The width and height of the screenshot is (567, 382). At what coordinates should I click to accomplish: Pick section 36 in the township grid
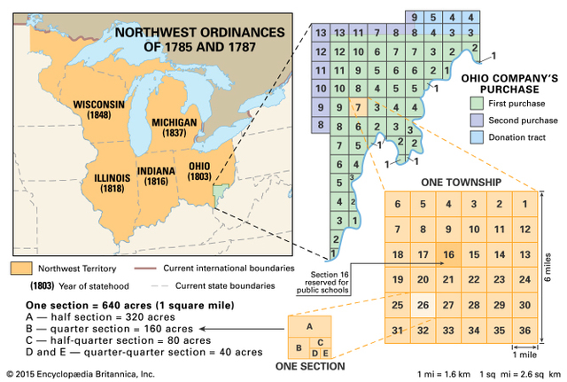coord(524,331)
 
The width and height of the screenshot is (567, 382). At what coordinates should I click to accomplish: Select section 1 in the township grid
coord(524,204)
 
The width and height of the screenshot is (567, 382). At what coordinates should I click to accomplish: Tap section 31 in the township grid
coord(398,331)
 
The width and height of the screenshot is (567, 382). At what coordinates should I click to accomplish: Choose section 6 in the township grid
coord(398,204)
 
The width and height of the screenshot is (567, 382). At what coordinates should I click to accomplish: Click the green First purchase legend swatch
coord(478,105)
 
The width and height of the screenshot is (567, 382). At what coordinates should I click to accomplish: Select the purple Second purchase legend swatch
coord(478,121)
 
